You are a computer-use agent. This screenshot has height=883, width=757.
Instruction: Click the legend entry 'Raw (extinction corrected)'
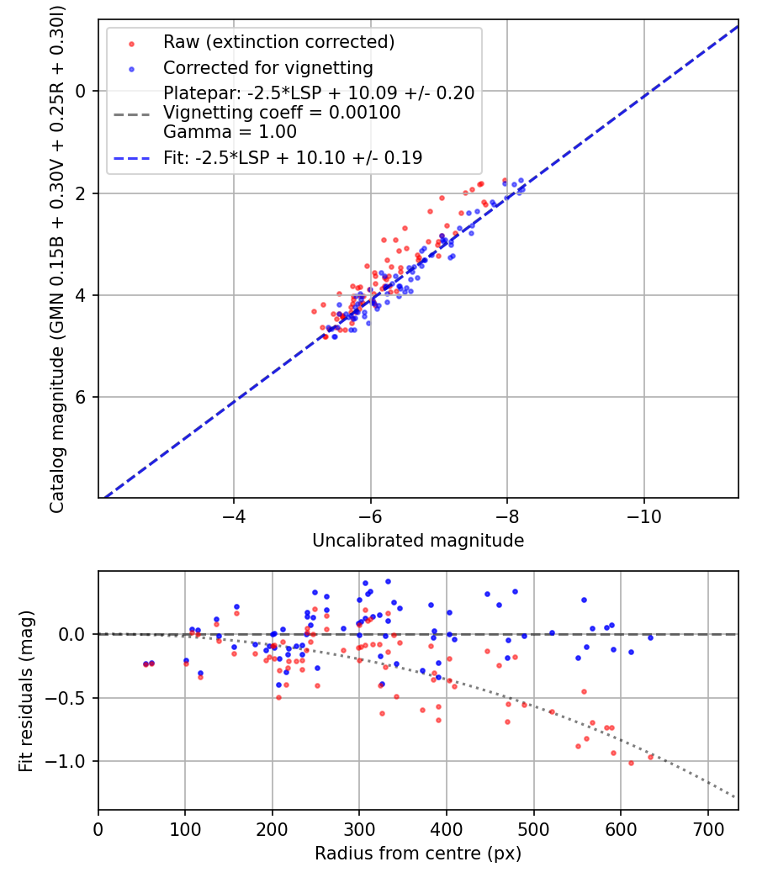tap(278, 42)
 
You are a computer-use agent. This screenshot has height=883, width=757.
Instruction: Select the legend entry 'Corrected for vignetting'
tap(268, 67)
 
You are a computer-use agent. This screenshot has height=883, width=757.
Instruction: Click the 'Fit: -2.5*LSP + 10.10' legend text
tap(293, 157)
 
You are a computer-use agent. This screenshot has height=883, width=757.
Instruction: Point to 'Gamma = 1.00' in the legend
tap(230, 131)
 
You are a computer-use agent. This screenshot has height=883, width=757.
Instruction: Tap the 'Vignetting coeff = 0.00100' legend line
tap(282, 112)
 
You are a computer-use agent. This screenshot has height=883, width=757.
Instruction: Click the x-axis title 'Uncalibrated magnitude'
tap(418, 541)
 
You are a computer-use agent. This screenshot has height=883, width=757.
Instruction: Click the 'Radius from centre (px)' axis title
tap(418, 854)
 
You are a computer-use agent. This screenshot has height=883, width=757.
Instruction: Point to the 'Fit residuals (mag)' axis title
tap(26, 690)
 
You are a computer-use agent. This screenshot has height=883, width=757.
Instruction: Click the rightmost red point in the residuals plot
tap(650, 757)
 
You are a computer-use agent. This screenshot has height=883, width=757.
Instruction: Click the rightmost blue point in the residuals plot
tap(650, 637)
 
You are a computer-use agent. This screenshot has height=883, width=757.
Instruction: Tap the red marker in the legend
tap(130, 42)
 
